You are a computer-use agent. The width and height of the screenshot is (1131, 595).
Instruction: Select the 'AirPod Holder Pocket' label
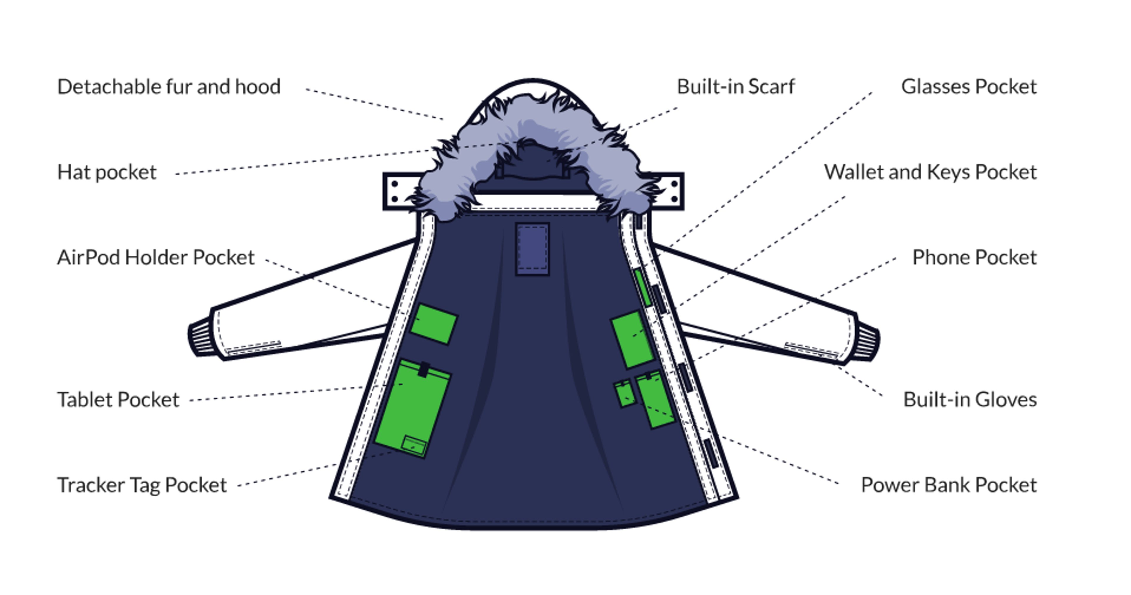point(156,257)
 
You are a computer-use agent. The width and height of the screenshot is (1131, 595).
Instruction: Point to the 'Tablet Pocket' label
point(118,400)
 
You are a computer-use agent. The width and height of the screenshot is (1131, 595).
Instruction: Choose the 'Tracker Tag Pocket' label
point(142,485)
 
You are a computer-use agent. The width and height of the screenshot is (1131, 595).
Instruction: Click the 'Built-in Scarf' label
point(735,87)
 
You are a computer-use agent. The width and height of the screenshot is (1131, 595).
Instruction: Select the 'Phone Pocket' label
point(974,257)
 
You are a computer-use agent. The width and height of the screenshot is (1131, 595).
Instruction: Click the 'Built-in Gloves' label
point(970,400)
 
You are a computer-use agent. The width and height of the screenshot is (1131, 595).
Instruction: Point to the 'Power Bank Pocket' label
point(948,485)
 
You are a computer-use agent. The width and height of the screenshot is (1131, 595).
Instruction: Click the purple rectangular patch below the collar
point(532,249)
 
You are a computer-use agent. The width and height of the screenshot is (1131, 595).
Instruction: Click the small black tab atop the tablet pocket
point(423,369)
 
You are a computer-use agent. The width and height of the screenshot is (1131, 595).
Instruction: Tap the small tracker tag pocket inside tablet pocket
point(414,446)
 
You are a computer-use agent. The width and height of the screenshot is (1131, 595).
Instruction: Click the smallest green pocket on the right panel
point(625,394)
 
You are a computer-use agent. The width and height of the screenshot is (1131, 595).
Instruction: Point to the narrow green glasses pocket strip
point(643,287)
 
